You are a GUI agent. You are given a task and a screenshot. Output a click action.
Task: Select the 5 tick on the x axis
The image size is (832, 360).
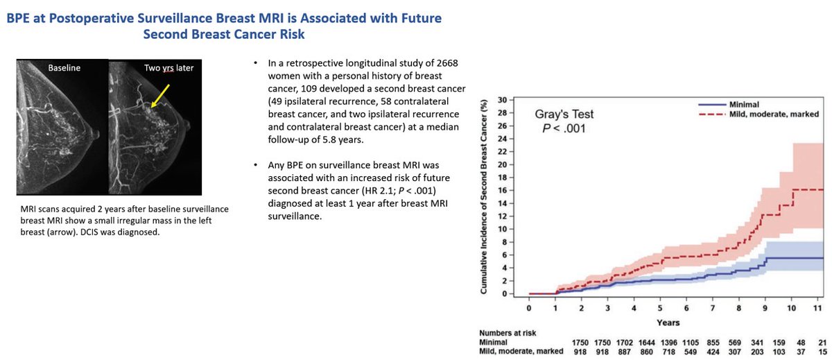tap(659, 309)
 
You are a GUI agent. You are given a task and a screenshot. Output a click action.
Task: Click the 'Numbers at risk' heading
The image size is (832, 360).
tap(508, 333)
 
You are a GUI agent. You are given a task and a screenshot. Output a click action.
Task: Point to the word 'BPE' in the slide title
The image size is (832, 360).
tap(22, 15)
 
